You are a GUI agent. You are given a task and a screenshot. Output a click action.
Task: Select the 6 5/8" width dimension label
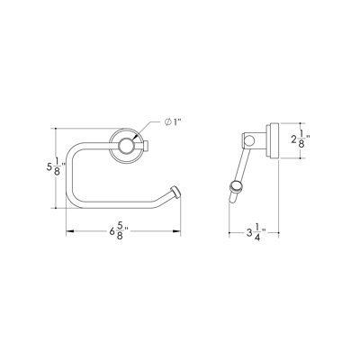point(119,230)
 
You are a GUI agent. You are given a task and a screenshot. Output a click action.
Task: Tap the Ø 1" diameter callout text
point(174,121)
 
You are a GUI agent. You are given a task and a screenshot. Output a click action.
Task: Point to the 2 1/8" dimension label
point(301,140)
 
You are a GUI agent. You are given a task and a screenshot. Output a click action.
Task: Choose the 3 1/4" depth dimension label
point(256,233)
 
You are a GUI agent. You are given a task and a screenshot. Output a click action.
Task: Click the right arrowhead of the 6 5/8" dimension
point(176,231)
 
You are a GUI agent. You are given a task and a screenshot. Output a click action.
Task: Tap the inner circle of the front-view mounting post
point(124,146)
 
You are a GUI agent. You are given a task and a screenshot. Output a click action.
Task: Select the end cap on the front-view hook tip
point(175,192)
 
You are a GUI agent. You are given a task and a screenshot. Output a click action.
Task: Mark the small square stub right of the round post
point(147,146)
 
